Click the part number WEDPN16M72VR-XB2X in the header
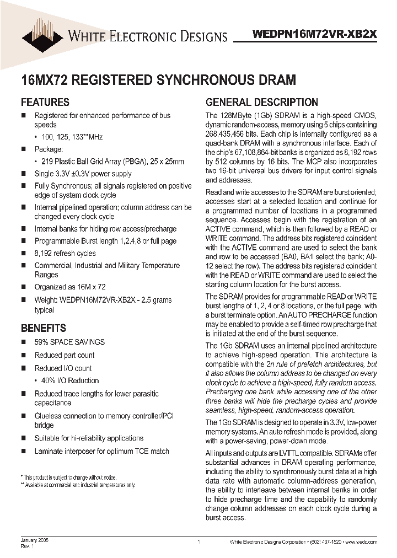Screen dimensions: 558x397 coord(314,33)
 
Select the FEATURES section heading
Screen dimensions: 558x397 coord(45,102)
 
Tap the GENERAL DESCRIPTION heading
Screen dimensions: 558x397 coord(261,102)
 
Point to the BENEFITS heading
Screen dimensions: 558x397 coord(44,328)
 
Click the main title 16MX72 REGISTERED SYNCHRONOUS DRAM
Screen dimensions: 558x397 coord(158,79)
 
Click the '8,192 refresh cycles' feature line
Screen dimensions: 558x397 coord(65,253)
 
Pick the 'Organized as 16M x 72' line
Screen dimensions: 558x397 coord(70,287)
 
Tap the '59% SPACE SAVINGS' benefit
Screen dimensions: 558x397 coord(69,342)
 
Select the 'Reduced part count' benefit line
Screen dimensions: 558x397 coord(65,355)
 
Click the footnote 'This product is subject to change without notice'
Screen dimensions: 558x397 coord(69,477)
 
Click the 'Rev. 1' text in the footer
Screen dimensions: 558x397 coord(28,546)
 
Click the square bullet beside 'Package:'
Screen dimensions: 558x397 coord(24,149)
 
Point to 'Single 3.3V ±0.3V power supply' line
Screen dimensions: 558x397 coord(83,174)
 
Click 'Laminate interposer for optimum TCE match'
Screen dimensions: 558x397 coord(102,451)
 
